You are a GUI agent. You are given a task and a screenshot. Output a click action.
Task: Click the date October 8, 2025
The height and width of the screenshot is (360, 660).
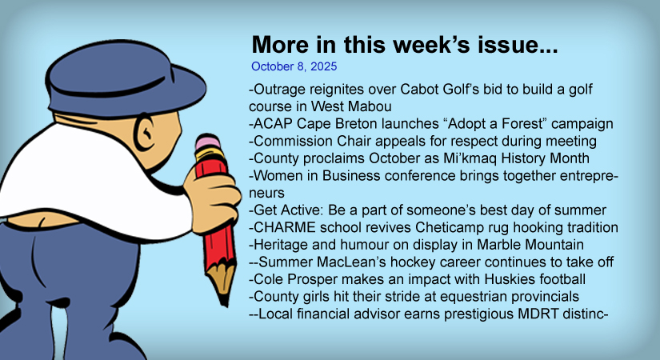[x=294, y=66]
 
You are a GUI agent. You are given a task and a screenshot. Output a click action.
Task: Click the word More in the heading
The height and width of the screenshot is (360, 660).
[x=280, y=44]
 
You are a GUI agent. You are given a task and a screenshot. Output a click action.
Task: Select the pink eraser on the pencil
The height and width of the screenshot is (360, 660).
[x=207, y=142]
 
